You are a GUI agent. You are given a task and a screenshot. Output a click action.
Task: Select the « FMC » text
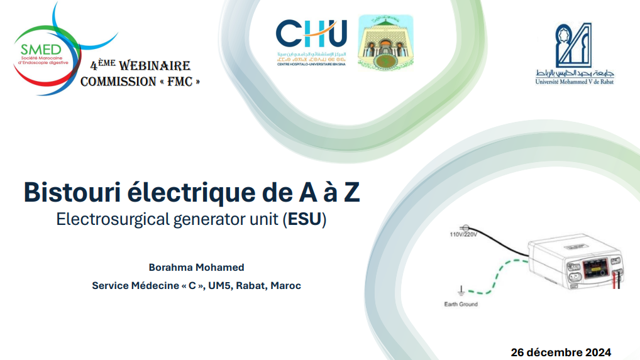click(182, 82)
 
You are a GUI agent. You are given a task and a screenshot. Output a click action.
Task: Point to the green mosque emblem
click(385, 41)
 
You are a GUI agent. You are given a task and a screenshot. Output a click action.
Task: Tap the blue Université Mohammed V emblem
click(573, 45)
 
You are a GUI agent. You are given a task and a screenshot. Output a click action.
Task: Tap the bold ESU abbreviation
click(304, 220)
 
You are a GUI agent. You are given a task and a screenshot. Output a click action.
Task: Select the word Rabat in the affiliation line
click(251, 286)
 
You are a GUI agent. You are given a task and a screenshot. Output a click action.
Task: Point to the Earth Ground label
click(460, 305)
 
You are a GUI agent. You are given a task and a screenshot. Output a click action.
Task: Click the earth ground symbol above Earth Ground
click(461, 290)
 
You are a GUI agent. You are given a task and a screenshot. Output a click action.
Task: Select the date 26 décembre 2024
click(561, 352)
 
